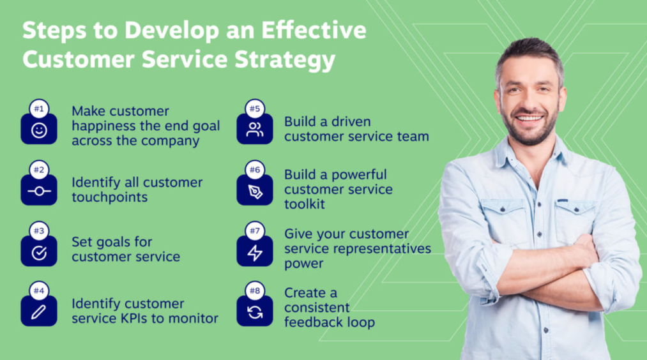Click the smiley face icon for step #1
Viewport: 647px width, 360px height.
[x=39, y=131]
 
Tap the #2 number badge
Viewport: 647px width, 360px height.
[x=39, y=170]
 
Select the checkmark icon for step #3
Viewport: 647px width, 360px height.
[x=39, y=253]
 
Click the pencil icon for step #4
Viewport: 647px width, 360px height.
[x=39, y=313]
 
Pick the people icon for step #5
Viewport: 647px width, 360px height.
[x=255, y=130]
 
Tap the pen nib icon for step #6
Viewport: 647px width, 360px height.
[x=255, y=191]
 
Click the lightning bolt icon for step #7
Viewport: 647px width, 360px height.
[x=255, y=253]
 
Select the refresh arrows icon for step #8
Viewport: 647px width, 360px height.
[x=255, y=313]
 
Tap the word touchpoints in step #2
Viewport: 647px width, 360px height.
[x=109, y=197]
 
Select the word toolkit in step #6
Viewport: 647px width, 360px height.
[x=305, y=204]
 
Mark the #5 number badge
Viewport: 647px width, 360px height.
[x=255, y=109]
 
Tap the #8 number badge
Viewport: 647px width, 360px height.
[x=255, y=291]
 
